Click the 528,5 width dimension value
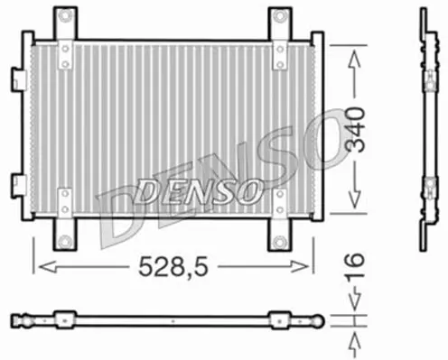173,267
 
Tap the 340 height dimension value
355,130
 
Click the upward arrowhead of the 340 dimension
354,60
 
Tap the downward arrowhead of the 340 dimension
355,198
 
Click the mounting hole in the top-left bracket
65,15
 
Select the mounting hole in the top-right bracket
280,15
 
